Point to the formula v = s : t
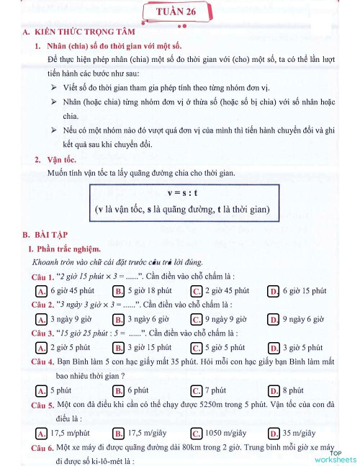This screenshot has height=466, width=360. point(182,194)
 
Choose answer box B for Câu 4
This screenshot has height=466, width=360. point(119,390)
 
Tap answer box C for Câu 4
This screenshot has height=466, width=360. point(196,390)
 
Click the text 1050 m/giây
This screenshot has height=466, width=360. point(225,433)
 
